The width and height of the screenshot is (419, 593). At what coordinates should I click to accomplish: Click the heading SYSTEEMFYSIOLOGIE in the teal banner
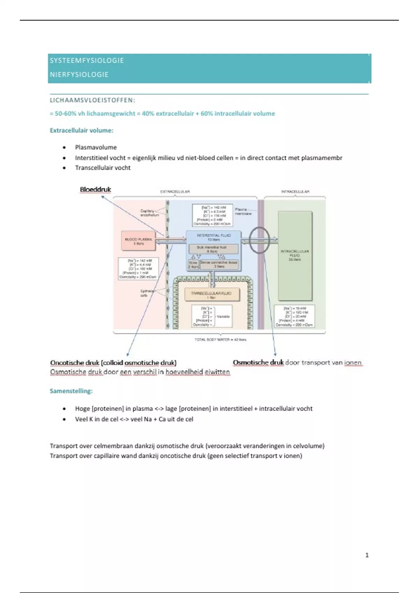tap(87, 60)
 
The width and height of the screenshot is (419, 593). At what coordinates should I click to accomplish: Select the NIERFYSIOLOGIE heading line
tap(79, 75)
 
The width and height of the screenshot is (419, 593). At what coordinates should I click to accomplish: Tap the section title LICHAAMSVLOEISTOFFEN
tap(92, 100)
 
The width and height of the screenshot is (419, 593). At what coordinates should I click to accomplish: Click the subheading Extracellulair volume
tap(81, 130)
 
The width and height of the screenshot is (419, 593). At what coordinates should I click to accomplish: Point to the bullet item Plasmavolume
tap(96, 147)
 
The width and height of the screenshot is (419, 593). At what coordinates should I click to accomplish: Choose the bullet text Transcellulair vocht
tap(103, 168)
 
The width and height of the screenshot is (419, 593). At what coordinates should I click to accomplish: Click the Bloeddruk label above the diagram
tap(95, 189)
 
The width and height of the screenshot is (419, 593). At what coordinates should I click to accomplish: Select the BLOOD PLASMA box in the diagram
tap(138, 241)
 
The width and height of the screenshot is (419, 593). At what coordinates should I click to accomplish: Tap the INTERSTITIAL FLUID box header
tap(213, 237)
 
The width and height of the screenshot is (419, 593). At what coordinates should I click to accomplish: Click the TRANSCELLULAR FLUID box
tap(212, 295)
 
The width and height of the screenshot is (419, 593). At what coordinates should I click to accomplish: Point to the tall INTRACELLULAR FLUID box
tap(295, 256)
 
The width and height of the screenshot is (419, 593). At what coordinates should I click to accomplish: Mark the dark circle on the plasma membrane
tap(259, 240)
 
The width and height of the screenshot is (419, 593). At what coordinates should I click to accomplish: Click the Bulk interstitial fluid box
tap(213, 249)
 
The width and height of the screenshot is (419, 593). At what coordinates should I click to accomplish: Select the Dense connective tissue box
tap(219, 264)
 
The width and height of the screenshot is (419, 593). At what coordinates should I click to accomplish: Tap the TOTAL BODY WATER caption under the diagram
tap(220, 339)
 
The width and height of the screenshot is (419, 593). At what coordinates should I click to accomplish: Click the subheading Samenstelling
tap(71, 391)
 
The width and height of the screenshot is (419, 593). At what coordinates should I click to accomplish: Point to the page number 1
tap(367, 555)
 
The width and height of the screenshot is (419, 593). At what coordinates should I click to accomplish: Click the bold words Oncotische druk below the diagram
tap(75, 363)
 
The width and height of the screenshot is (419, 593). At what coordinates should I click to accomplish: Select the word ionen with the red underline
tap(353, 363)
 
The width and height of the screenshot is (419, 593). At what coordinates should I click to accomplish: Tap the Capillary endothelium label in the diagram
tap(149, 213)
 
